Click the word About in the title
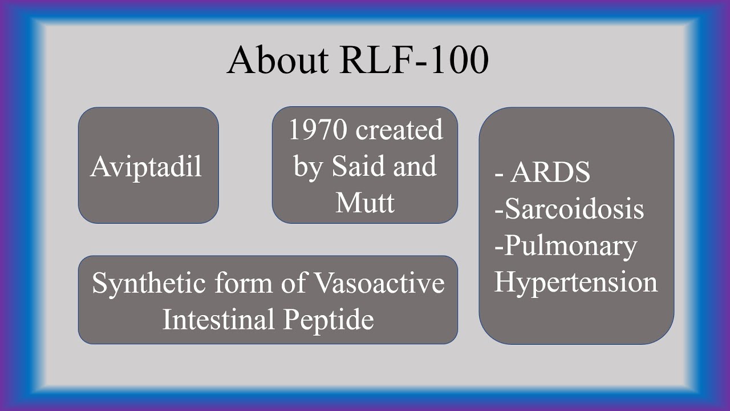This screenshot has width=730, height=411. (x=278, y=60)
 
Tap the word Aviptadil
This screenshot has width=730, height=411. (x=146, y=167)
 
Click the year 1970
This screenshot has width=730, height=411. (x=318, y=130)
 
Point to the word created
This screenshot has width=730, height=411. (x=399, y=130)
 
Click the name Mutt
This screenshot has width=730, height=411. (x=365, y=202)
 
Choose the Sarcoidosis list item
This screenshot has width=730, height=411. (x=574, y=209)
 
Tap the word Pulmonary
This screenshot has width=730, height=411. (x=570, y=246)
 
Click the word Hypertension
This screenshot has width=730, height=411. (x=575, y=282)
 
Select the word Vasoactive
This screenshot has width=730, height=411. (x=379, y=283)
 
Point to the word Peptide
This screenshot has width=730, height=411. (x=329, y=320)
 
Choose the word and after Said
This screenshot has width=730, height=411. (x=418, y=166)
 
